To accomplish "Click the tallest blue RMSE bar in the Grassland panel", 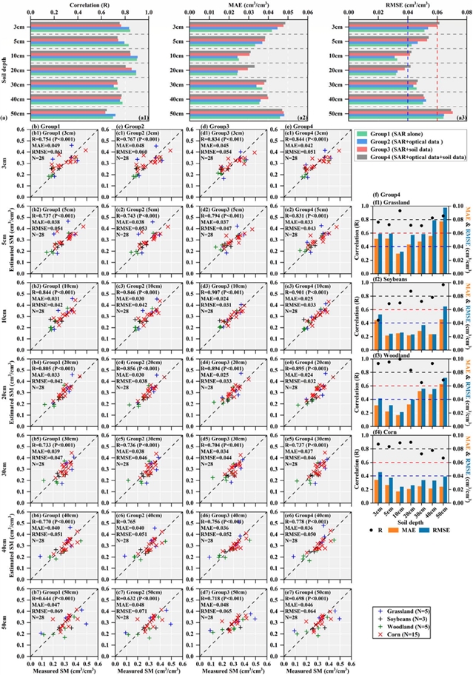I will [x=445, y=230].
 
